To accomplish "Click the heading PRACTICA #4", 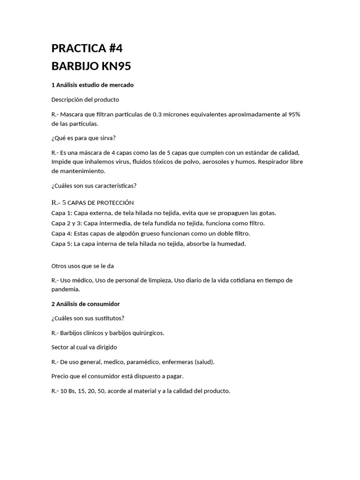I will (x=87, y=48).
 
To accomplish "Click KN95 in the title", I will (x=113, y=66).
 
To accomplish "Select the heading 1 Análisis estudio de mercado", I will (x=92, y=85).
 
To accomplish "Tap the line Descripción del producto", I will (x=85, y=99).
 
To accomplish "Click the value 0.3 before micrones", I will (x=157, y=114).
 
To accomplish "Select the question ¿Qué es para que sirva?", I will (x=83, y=138).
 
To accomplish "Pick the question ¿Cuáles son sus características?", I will (x=94, y=186).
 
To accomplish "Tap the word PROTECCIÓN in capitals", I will (x=115, y=202).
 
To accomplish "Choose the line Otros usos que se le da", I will (x=82, y=266).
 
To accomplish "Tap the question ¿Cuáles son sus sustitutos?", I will (x=88, y=318).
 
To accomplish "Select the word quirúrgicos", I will (x=148, y=333).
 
